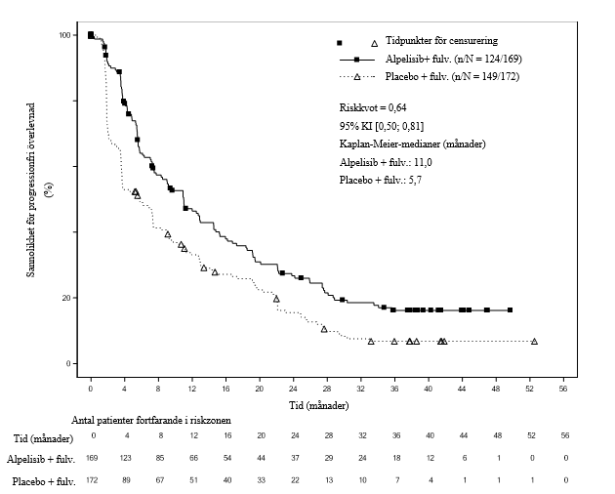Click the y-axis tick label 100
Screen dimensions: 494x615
point(64,35)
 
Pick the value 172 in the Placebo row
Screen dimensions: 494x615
point(94,480)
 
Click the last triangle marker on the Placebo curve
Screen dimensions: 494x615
point(534,341)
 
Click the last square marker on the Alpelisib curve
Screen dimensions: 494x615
point(510,310)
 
